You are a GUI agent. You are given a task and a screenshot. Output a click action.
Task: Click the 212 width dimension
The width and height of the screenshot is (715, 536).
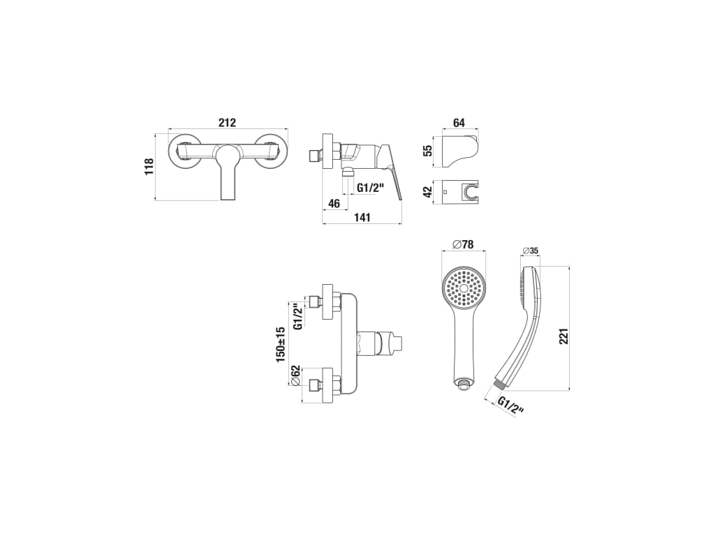pyautogui.click(x=227, y=123)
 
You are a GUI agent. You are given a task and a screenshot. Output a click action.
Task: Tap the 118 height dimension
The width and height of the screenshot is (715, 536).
pyautogui.click(x=149, y=167)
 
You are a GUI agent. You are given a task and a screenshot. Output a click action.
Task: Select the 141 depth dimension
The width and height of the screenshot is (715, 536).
pyautogui.click(x=362, y=218)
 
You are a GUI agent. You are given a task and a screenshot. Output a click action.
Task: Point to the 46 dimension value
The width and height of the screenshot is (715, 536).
pyautogui.click(x=334, y=203)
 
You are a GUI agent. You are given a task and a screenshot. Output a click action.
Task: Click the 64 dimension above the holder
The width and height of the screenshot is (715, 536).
pyautogui.click(x=459, y=123)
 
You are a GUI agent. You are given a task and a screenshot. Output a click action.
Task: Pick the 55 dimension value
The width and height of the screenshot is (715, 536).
pyautogui.click(x=427, y=150)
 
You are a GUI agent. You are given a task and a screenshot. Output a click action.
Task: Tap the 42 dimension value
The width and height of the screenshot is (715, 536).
pyautogui.click(x=427, y=192)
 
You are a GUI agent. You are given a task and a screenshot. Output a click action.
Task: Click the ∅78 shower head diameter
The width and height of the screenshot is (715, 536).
pyautogui.click(x=464, y=244)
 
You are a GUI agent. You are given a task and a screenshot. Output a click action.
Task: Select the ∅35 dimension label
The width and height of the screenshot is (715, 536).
pyautogui.click(x=531, y=251)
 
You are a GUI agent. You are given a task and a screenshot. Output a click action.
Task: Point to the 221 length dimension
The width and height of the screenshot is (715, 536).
pyautogui.click(x=564, y=336)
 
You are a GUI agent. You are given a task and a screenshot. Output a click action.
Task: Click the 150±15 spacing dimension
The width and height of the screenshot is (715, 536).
pyautogui.click(x=281, y=344)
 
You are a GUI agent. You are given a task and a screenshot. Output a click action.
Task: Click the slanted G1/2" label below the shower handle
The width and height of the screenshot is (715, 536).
pyautogui.click(x=510, y=405)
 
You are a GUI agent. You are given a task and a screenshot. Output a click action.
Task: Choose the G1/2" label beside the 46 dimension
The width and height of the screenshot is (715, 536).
pyautogui.click(x=371, y=187)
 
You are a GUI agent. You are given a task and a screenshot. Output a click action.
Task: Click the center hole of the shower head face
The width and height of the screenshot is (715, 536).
pyautogui.click(x=464, y=288)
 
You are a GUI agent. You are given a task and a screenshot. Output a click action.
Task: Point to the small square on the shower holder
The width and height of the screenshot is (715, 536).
pyautogui.click(x=445, y=192)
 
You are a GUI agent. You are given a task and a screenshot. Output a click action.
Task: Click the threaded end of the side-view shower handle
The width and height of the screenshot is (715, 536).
pyautogui.click(x=499, y=384)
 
